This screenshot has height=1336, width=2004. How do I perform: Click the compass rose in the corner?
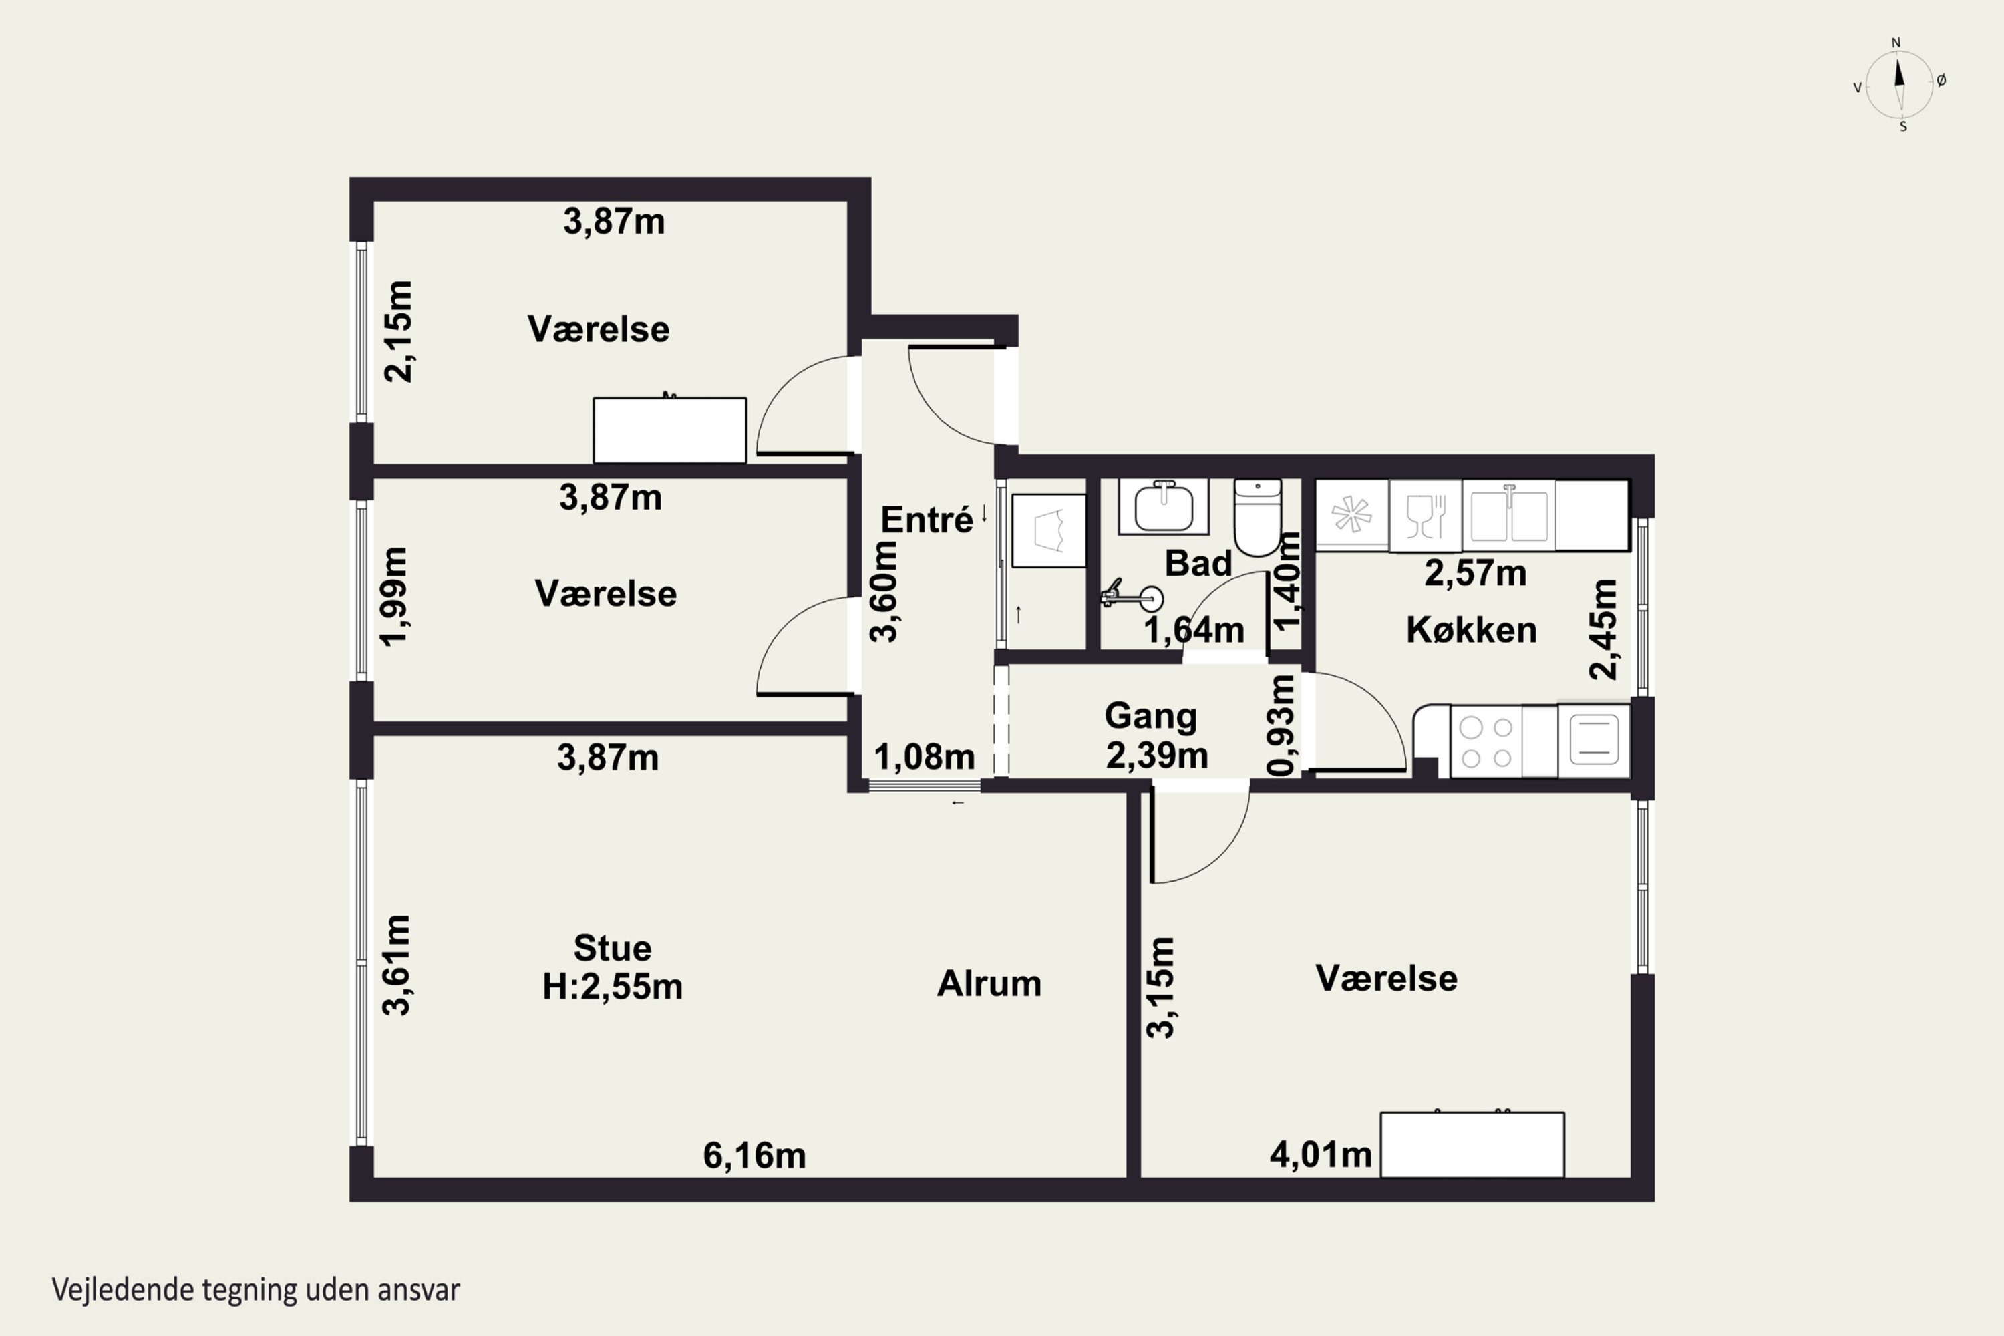tap(1899, 84)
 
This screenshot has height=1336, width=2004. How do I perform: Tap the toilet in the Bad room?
tap(1258, 517)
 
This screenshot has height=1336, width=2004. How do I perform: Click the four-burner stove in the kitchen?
tap(1486, 741)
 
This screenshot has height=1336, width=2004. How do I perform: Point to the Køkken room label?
tap(1472, 630)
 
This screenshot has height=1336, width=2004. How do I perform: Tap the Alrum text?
tap(989, 983)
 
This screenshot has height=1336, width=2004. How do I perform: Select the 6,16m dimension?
tap(754, 1156)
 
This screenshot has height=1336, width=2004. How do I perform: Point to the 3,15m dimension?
tap(1160, 987)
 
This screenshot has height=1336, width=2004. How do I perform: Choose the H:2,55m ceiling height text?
tap(613, 987)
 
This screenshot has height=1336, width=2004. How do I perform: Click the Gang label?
tap(1150, 717)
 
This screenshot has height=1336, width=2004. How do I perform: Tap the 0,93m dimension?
tap(1281, 725)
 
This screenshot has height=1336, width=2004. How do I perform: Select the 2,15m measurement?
tap(398, 331)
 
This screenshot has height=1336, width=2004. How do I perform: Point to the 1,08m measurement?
tap(925, 757)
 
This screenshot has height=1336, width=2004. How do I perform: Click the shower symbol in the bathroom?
tap(1132, 595)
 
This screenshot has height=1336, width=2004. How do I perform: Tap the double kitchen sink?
tap(1509, 514)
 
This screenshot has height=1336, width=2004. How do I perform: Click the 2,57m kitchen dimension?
tap(1475, 573)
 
